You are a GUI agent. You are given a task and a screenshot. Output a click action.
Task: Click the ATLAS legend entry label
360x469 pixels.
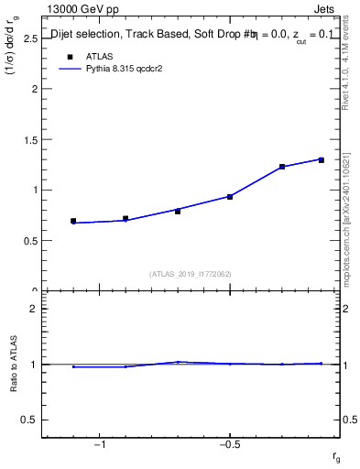(100, 56)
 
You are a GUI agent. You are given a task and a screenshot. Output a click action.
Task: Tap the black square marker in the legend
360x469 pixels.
(69, 56)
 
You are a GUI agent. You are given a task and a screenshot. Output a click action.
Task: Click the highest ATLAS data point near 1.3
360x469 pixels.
(322, 160)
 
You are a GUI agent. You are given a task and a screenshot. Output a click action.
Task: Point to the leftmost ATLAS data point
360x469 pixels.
(73, 221)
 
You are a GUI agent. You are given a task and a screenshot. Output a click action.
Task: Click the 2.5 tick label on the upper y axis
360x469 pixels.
(30, 39)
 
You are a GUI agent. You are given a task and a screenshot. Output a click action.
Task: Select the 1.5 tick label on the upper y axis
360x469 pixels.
(30, 140)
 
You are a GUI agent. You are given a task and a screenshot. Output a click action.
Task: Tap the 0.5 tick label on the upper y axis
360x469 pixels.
(30, 241)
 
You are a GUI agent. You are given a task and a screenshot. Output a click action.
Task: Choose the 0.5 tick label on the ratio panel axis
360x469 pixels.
(30, 420)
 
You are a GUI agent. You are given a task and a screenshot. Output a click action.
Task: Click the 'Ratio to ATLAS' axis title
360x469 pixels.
(13, 365)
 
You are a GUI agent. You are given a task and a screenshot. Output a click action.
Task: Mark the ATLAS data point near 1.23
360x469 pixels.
(282, 167)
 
